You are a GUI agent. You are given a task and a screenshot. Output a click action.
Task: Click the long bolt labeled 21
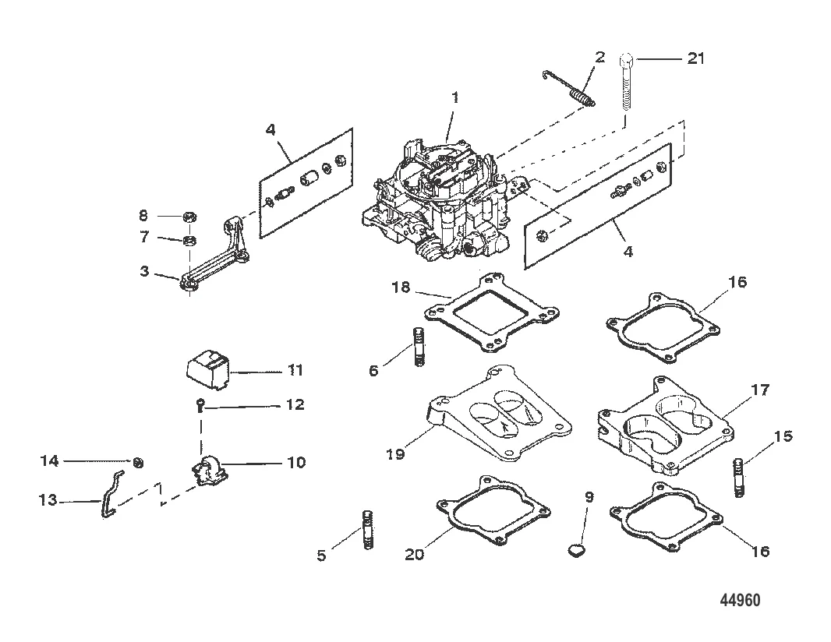click(626, 79)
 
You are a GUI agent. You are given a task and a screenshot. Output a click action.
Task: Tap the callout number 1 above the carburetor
click(454, 98)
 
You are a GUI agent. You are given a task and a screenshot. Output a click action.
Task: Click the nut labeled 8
click(189, 217)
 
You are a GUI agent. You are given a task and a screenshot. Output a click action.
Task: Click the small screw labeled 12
click(199, 405)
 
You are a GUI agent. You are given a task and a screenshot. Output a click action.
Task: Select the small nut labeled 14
click(138, 463)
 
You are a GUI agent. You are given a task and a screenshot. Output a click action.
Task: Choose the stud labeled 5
click(366, 531)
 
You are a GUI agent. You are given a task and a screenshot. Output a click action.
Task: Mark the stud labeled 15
click(740, 478)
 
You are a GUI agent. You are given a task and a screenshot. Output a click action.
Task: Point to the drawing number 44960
click(740, 600)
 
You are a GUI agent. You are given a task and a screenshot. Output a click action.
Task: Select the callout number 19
click(395, 454)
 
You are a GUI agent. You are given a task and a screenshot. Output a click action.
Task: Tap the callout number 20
click(415, 555)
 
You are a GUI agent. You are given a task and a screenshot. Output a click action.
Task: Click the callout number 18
click(401, 287)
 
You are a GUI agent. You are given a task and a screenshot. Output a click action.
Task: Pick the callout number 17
click(760, 390)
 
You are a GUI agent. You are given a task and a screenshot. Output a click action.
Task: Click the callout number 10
click(296, 463)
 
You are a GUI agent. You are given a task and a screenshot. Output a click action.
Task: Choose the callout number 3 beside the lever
click(145, 272)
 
